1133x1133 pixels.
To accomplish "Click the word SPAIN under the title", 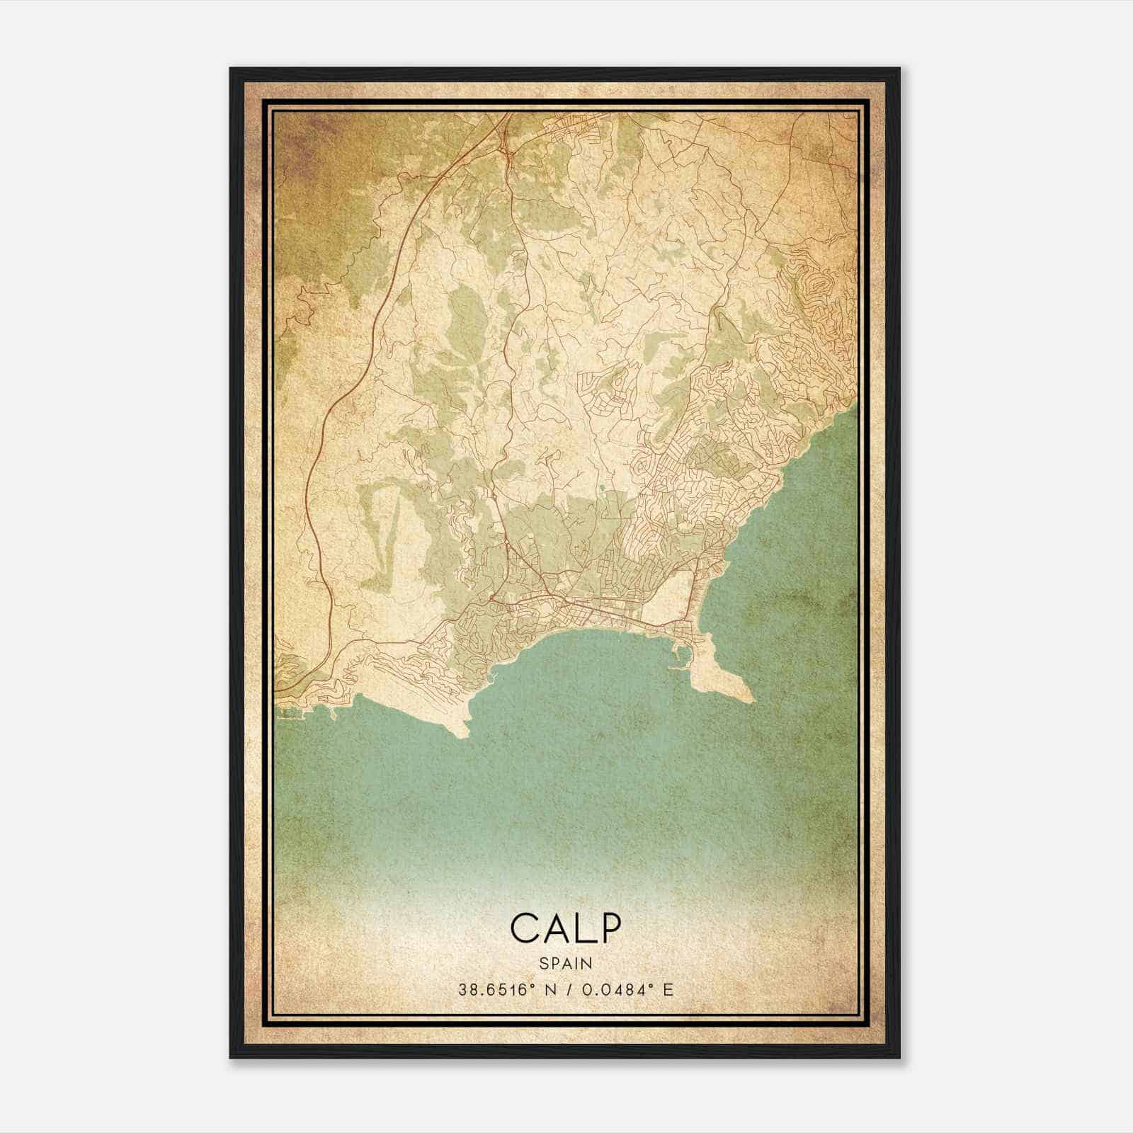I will tap(566, 963).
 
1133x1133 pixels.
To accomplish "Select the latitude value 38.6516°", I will tap(494, 990).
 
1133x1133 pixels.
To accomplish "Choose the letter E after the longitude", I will tap(668, 990).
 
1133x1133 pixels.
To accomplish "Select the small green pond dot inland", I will tap(602, 487).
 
